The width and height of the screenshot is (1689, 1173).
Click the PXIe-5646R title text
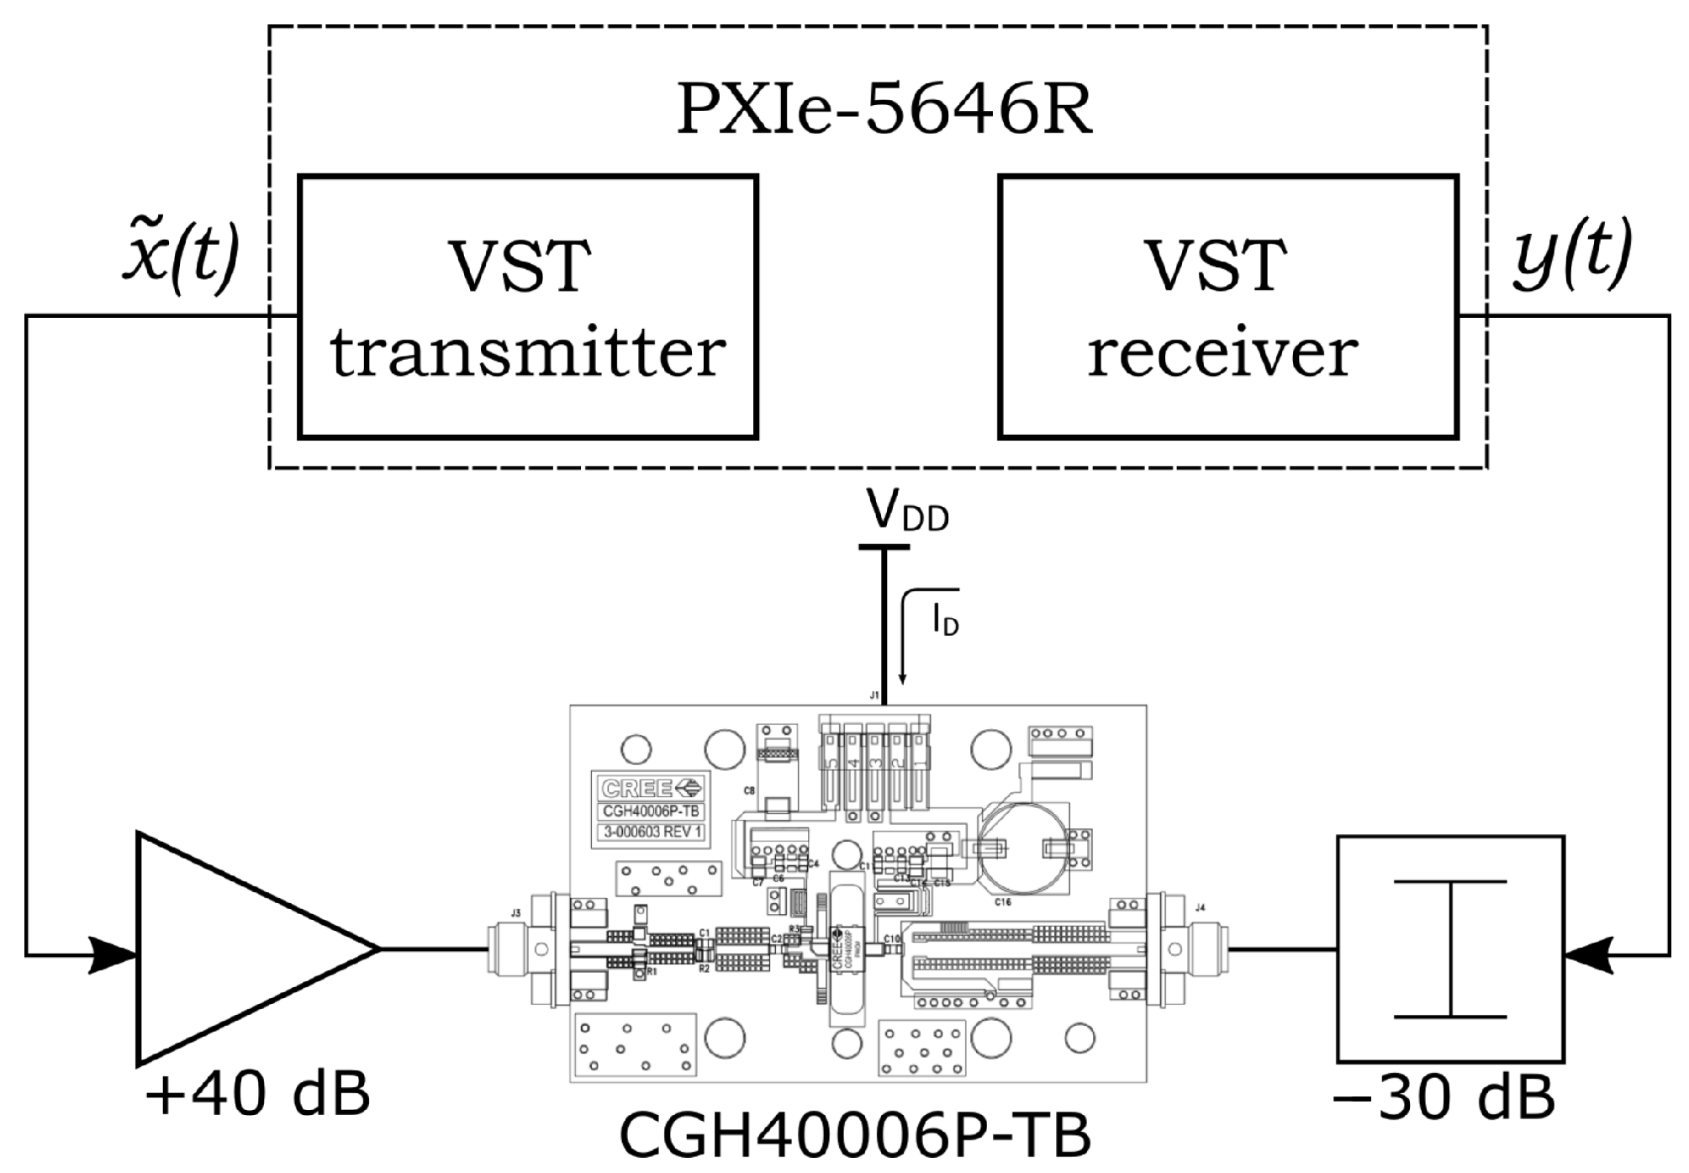884,110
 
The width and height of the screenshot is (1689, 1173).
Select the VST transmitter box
528,307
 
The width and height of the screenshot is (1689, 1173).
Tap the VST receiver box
1227,307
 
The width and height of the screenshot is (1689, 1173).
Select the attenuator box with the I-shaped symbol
1450,948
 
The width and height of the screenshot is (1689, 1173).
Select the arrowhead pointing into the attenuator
1589,955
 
